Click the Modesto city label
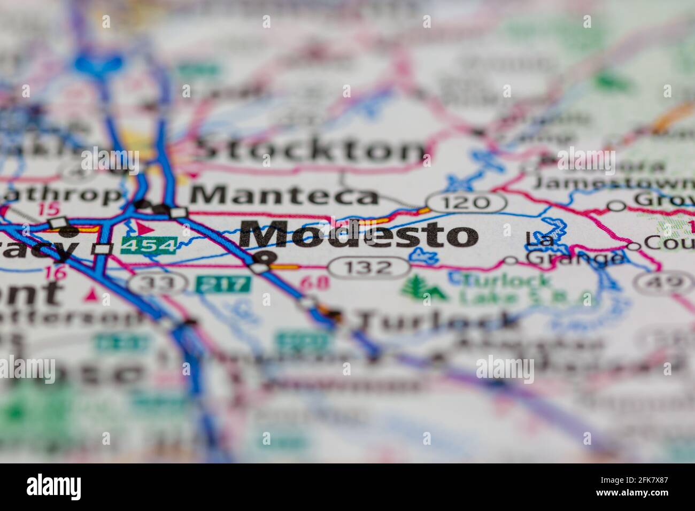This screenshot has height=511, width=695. [359, 236]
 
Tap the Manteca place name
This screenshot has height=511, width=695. [284, 196]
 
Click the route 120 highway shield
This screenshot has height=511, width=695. [466, 202]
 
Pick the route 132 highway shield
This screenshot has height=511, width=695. [368, 267]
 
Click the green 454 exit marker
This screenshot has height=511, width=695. [149, 245]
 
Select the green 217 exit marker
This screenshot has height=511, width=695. [223, 284]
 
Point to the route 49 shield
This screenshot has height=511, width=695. [663, 282]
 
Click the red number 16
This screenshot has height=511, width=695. [56, 273]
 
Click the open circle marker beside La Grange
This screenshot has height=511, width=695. [511, 261]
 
